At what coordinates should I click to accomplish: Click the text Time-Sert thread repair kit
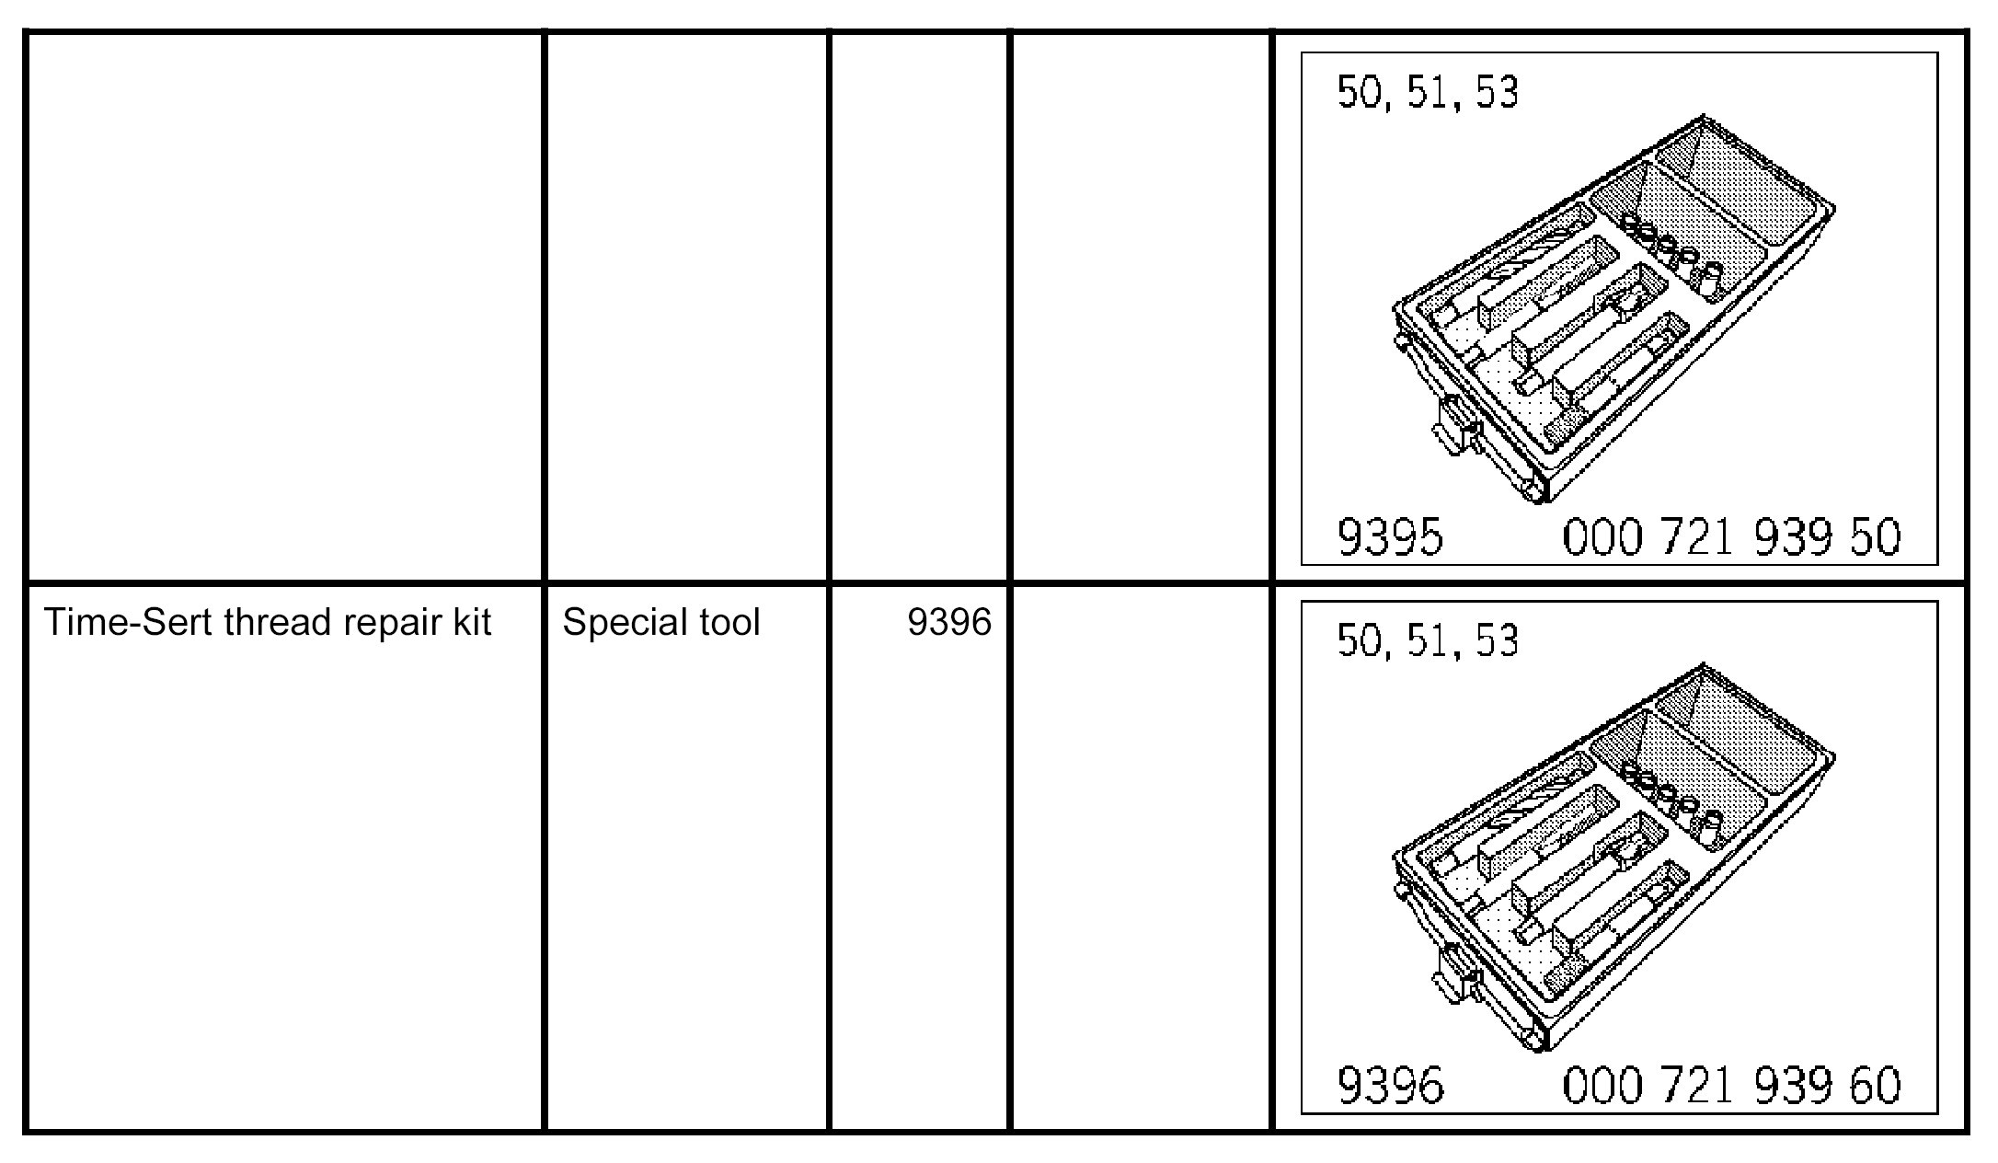(x=268, y=623)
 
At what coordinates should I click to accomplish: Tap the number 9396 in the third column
(x=949, y=623)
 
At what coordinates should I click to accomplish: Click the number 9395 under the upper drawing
(x=1390, y=537)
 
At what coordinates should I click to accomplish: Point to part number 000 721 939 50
(x=1731, y=537)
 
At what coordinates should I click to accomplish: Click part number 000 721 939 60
(x=1731, y=1086)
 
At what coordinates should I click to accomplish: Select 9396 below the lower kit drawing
(x=1390, y=1086)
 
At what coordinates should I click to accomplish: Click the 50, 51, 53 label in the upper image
(x=1427, y=92)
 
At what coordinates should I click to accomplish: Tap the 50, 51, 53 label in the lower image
(x=1427, y=640)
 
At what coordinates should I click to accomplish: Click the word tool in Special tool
(x=729, y=623)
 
